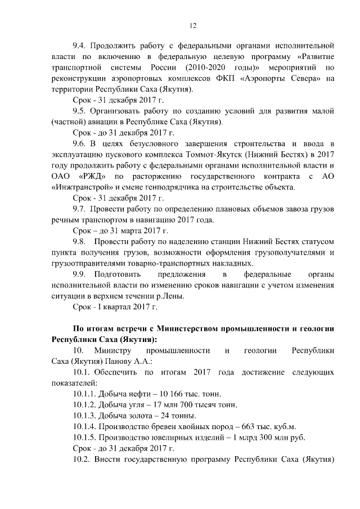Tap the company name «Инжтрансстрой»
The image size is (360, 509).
coord(82,187)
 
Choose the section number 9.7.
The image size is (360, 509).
coord(81,209)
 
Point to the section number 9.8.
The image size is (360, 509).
coord(81,242)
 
